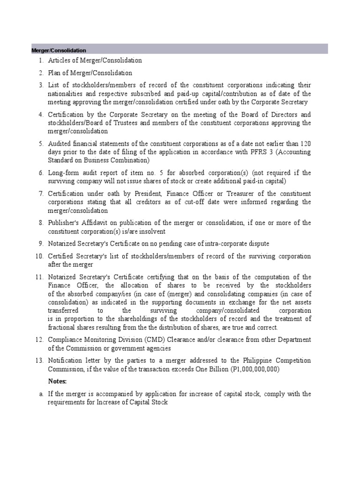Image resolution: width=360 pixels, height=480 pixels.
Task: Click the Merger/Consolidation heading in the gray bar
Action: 59,50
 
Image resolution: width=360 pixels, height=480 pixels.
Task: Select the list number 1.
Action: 41,60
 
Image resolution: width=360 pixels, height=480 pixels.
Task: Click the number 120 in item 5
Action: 305,144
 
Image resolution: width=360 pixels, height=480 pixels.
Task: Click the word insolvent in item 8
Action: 150,232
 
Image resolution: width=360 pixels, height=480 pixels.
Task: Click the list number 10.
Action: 39,256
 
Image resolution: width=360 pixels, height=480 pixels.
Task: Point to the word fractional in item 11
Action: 62,327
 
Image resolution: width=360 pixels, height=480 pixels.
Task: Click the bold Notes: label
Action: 58,381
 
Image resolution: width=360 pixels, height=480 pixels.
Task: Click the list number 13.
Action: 39,360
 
